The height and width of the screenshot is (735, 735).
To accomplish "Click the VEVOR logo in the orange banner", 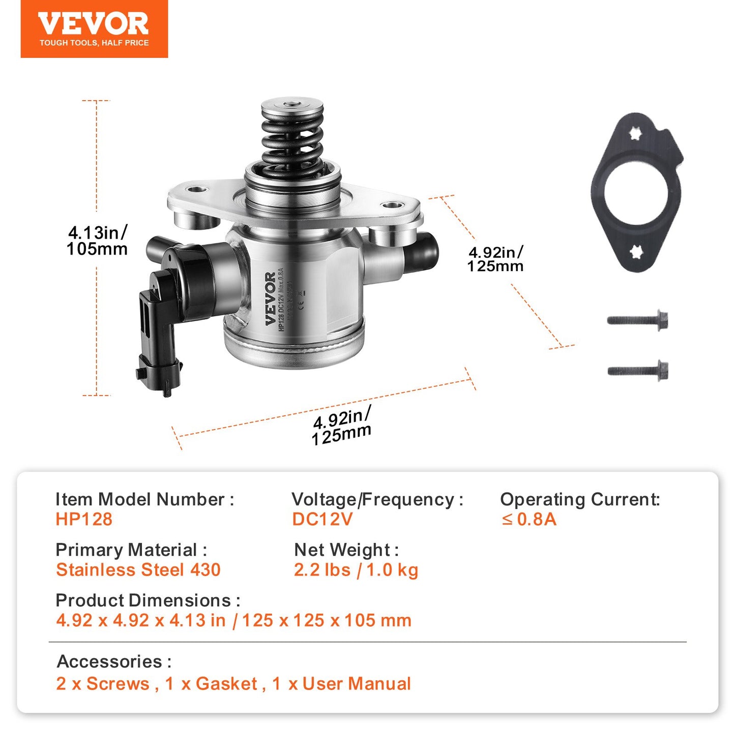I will (x=94, y=24).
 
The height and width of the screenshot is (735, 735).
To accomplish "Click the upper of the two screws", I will (x=638, y=320).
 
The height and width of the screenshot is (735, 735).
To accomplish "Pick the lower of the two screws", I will (x=638, y=371).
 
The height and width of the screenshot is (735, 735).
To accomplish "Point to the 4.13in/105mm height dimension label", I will (x=97, y=241).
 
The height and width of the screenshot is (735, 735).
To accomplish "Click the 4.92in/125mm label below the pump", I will (x=342, y=426).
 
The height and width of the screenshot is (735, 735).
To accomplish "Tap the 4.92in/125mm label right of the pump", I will (x=495, y=259).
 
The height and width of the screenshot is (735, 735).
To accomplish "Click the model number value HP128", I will (x=84, y=519).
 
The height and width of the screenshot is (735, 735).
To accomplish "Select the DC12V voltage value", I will (x=322, y=519).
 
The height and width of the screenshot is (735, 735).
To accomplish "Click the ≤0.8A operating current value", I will (x=529, y=519).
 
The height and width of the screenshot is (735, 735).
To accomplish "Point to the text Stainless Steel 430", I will (x=138, y=570).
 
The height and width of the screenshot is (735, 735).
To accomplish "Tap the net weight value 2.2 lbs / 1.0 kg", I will (x=356, y=570).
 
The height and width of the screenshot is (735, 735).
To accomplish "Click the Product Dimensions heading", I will (x=148, y=600).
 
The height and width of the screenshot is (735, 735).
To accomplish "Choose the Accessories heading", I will (x=114, y=661).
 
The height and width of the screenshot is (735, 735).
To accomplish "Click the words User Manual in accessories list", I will (x=356, y=684).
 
